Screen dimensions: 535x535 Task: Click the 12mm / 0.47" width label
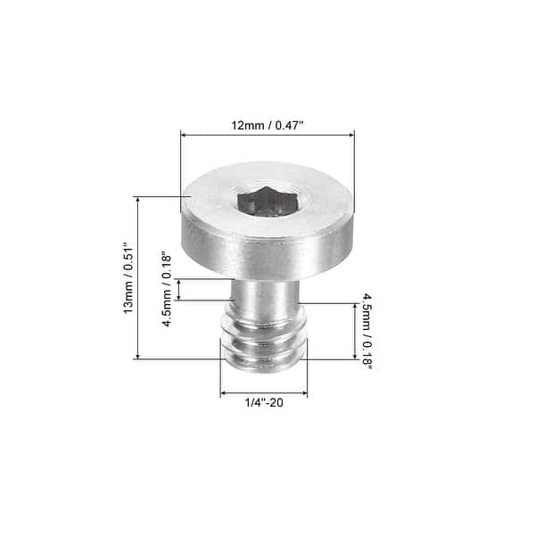tap(267, 126)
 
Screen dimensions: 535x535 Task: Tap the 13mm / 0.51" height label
tap(128, 278)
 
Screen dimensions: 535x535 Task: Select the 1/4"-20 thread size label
tap(264, 403)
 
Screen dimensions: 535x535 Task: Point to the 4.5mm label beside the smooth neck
tap(167, 289)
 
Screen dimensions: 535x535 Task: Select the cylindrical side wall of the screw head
tap(267, 249)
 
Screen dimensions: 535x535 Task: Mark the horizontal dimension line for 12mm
tap(267, 136)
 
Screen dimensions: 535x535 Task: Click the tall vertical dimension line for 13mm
tap(138, 278)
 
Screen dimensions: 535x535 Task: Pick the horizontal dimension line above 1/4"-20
tap(264, 392)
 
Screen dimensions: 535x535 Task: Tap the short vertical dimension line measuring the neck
tap(179, 289)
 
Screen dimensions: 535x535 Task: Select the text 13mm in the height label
tap(128, 297)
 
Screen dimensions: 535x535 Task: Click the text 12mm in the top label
tap(244, 126)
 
